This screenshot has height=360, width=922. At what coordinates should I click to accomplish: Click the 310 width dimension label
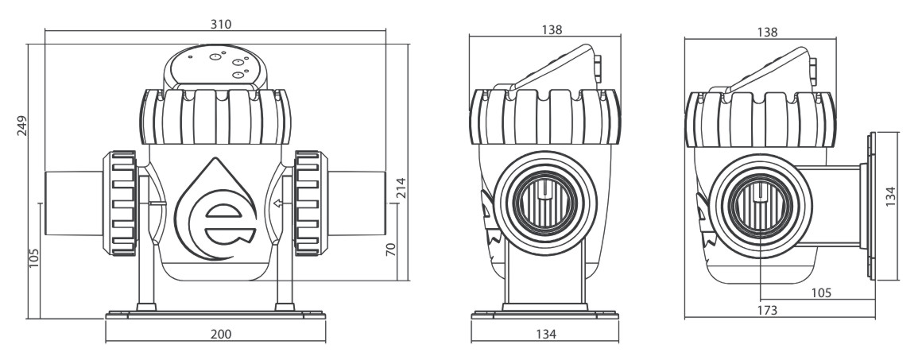[221, 24]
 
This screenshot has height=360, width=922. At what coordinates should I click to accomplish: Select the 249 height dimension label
[21, 126]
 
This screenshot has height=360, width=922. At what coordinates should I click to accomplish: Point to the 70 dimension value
[391, 249]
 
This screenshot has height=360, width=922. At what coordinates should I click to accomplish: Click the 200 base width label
[221, 334]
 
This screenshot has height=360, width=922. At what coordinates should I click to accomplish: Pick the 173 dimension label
[767, 310]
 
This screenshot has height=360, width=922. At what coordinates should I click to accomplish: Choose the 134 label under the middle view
[546, 334]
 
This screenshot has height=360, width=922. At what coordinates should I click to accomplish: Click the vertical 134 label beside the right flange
[890, 196]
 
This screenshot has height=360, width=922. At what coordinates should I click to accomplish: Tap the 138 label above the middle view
[552, 29]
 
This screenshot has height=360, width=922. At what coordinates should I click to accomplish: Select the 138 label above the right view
[767, 33]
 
